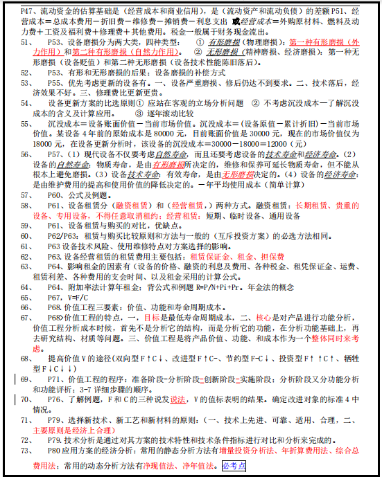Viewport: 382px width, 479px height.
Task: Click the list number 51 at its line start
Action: pyautogui.click(x=24, y=42)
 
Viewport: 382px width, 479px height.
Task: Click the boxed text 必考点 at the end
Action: pyautogui.click(x=234, y=466)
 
